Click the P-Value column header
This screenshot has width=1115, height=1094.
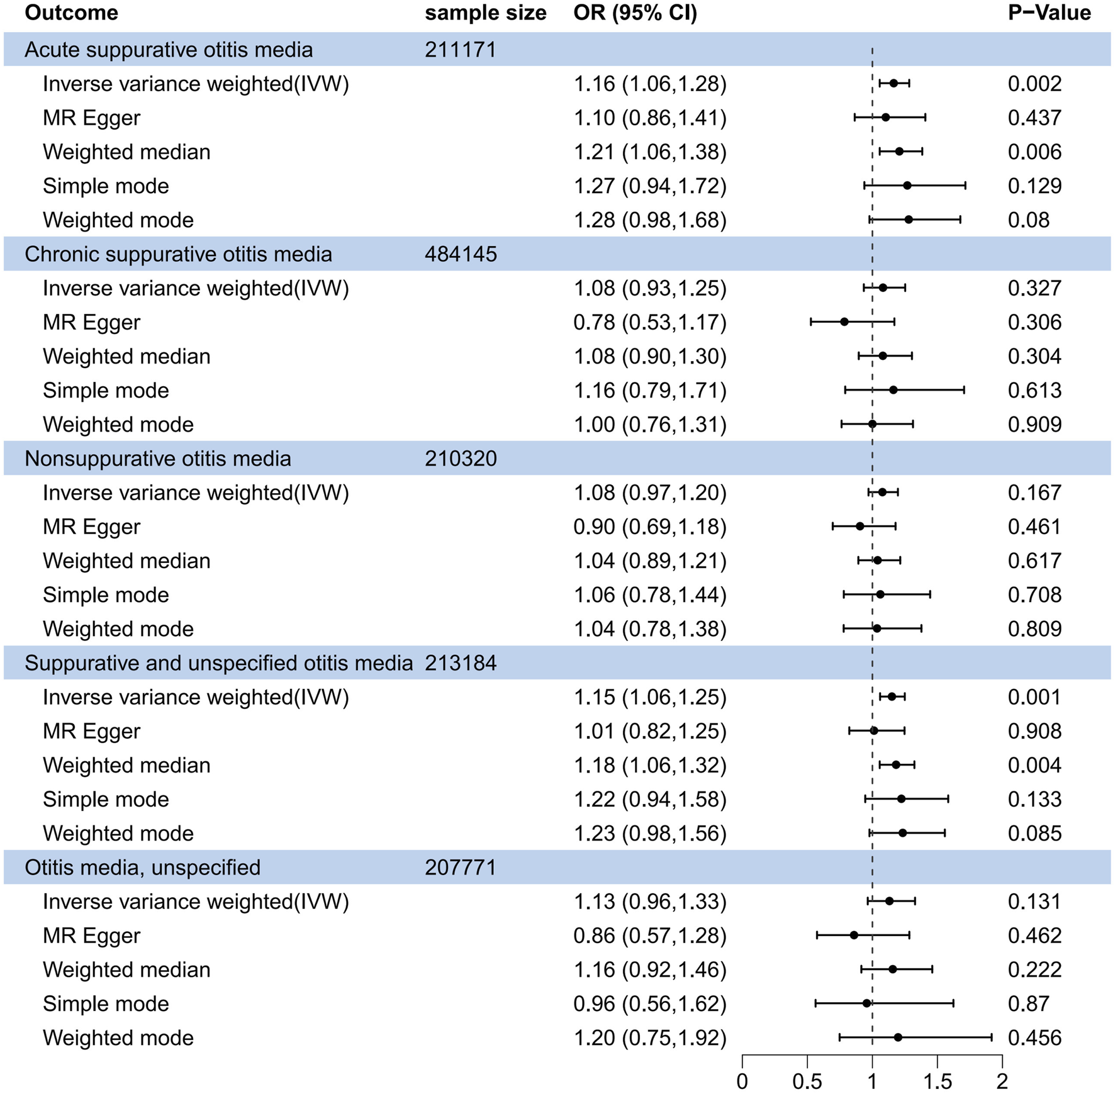pyautogui.click(x=1049, y=13)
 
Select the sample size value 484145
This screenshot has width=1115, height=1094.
pyautogui.click(x=461, y=254)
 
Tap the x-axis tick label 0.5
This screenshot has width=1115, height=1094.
pyautogui.click(x=807, y=1081)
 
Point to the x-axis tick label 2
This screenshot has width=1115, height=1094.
pyautogui.click(x=1002, y=1081)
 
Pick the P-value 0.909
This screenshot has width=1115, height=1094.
pyautogui.click(x=1034, y=425)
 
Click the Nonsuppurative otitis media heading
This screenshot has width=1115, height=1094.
pyautogui.click(x=158, y=459)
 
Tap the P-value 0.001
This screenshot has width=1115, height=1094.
pyautogui.click(x=1034, y=697)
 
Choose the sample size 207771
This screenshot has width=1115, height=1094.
pyautogui.click(x=461, y=868)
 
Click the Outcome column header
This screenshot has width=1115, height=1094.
pyautogui.click(x=71, y=13)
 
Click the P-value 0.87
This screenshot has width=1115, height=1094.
pyautogui.click(x=1028, y=1003)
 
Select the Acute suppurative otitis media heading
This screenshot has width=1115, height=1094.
pyautogui.click(x=169, y=50)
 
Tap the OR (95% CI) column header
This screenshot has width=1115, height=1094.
pyautogui.click(x=635, y=13)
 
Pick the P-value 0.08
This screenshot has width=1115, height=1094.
pyautogui.click(x=1028, y=220)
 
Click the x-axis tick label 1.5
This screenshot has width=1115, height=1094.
pyautogui.click(x=937, y=1081)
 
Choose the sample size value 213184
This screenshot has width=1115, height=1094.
pyautogui.click(x=461, y=663)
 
